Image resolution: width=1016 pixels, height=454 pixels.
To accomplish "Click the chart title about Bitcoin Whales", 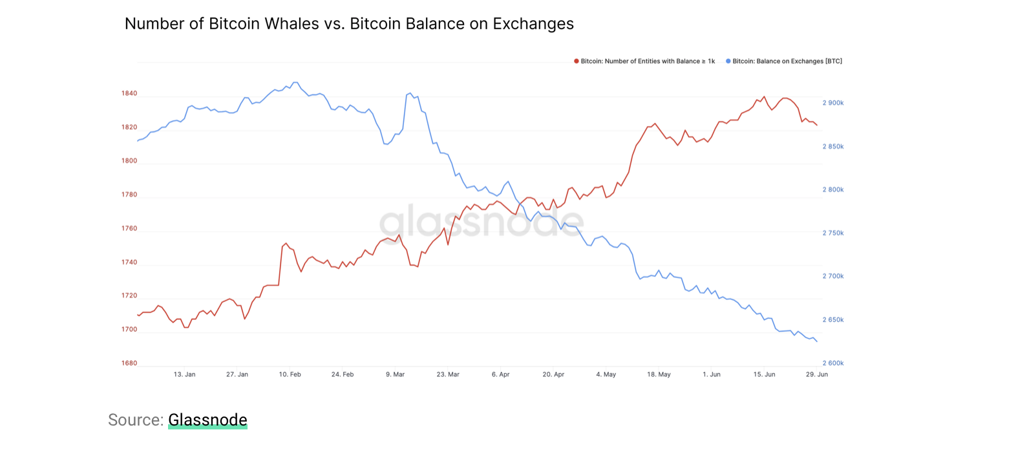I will (x=349, y=24).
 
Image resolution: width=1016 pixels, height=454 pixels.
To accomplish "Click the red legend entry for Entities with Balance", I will (x=647, y=61).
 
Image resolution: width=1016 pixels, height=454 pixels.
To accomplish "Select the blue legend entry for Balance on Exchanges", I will (x=787, y=61).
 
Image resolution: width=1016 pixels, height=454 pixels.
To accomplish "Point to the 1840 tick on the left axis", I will (x=129, y=94).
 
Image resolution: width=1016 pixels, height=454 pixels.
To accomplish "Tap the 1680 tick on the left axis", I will (x=129, y=363).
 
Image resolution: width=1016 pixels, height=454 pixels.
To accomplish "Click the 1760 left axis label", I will (x=129, y=229).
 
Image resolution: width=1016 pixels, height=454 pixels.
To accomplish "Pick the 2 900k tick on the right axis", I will (x=833, y=103).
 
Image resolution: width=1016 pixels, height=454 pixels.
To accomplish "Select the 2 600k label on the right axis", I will (x=833, y=363).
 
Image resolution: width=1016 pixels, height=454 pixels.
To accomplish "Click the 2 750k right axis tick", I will (x=833, y=233).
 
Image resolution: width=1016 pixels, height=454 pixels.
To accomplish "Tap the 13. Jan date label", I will (x=184, y=374).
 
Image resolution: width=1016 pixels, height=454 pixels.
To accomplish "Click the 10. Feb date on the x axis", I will (x=290, y=374).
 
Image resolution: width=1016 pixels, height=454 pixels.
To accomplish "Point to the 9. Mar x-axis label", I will (x=395, y=374).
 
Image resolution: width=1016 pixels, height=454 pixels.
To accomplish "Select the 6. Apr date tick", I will (x=500, y=374).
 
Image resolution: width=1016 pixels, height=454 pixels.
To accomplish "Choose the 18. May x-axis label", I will (x=659, y=374).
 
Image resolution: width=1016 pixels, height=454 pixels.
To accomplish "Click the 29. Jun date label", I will (x=817, y=374).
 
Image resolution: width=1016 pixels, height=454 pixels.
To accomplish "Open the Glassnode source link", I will (x=207, y=420).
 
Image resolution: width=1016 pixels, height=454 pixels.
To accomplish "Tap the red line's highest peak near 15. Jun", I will (x=764, y=97).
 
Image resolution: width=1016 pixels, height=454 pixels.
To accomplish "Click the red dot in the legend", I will (x=577, y=61).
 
